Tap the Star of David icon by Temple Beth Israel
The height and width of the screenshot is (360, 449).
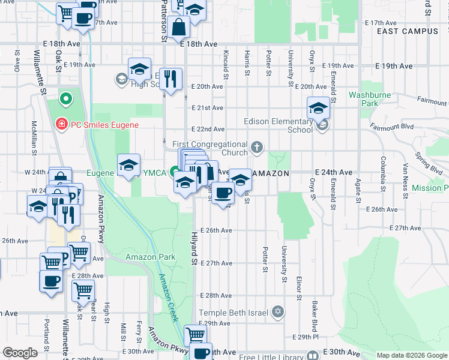click(277, 312)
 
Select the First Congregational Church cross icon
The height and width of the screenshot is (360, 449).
click(257, 147)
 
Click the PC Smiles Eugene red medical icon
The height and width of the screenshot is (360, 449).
click(61, 125)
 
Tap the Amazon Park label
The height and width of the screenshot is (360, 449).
click(150, 257)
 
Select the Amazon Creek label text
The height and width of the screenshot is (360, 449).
click(168, 298)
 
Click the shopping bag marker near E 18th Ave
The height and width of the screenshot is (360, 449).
click(179, 27)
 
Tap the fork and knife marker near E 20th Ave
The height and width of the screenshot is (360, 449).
click(170, 79)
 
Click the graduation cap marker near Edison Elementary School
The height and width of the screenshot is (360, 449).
click(318, 108)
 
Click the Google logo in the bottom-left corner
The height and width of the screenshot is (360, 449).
click(19, 352)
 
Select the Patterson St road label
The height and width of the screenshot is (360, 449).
click(163, 21)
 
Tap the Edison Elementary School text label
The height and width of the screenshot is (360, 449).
click(278, 125)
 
